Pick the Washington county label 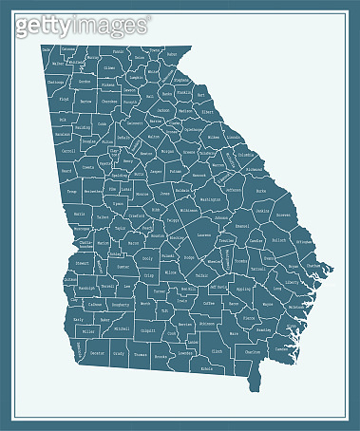(211, 199)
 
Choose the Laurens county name (203, 235)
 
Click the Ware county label (234, 334)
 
